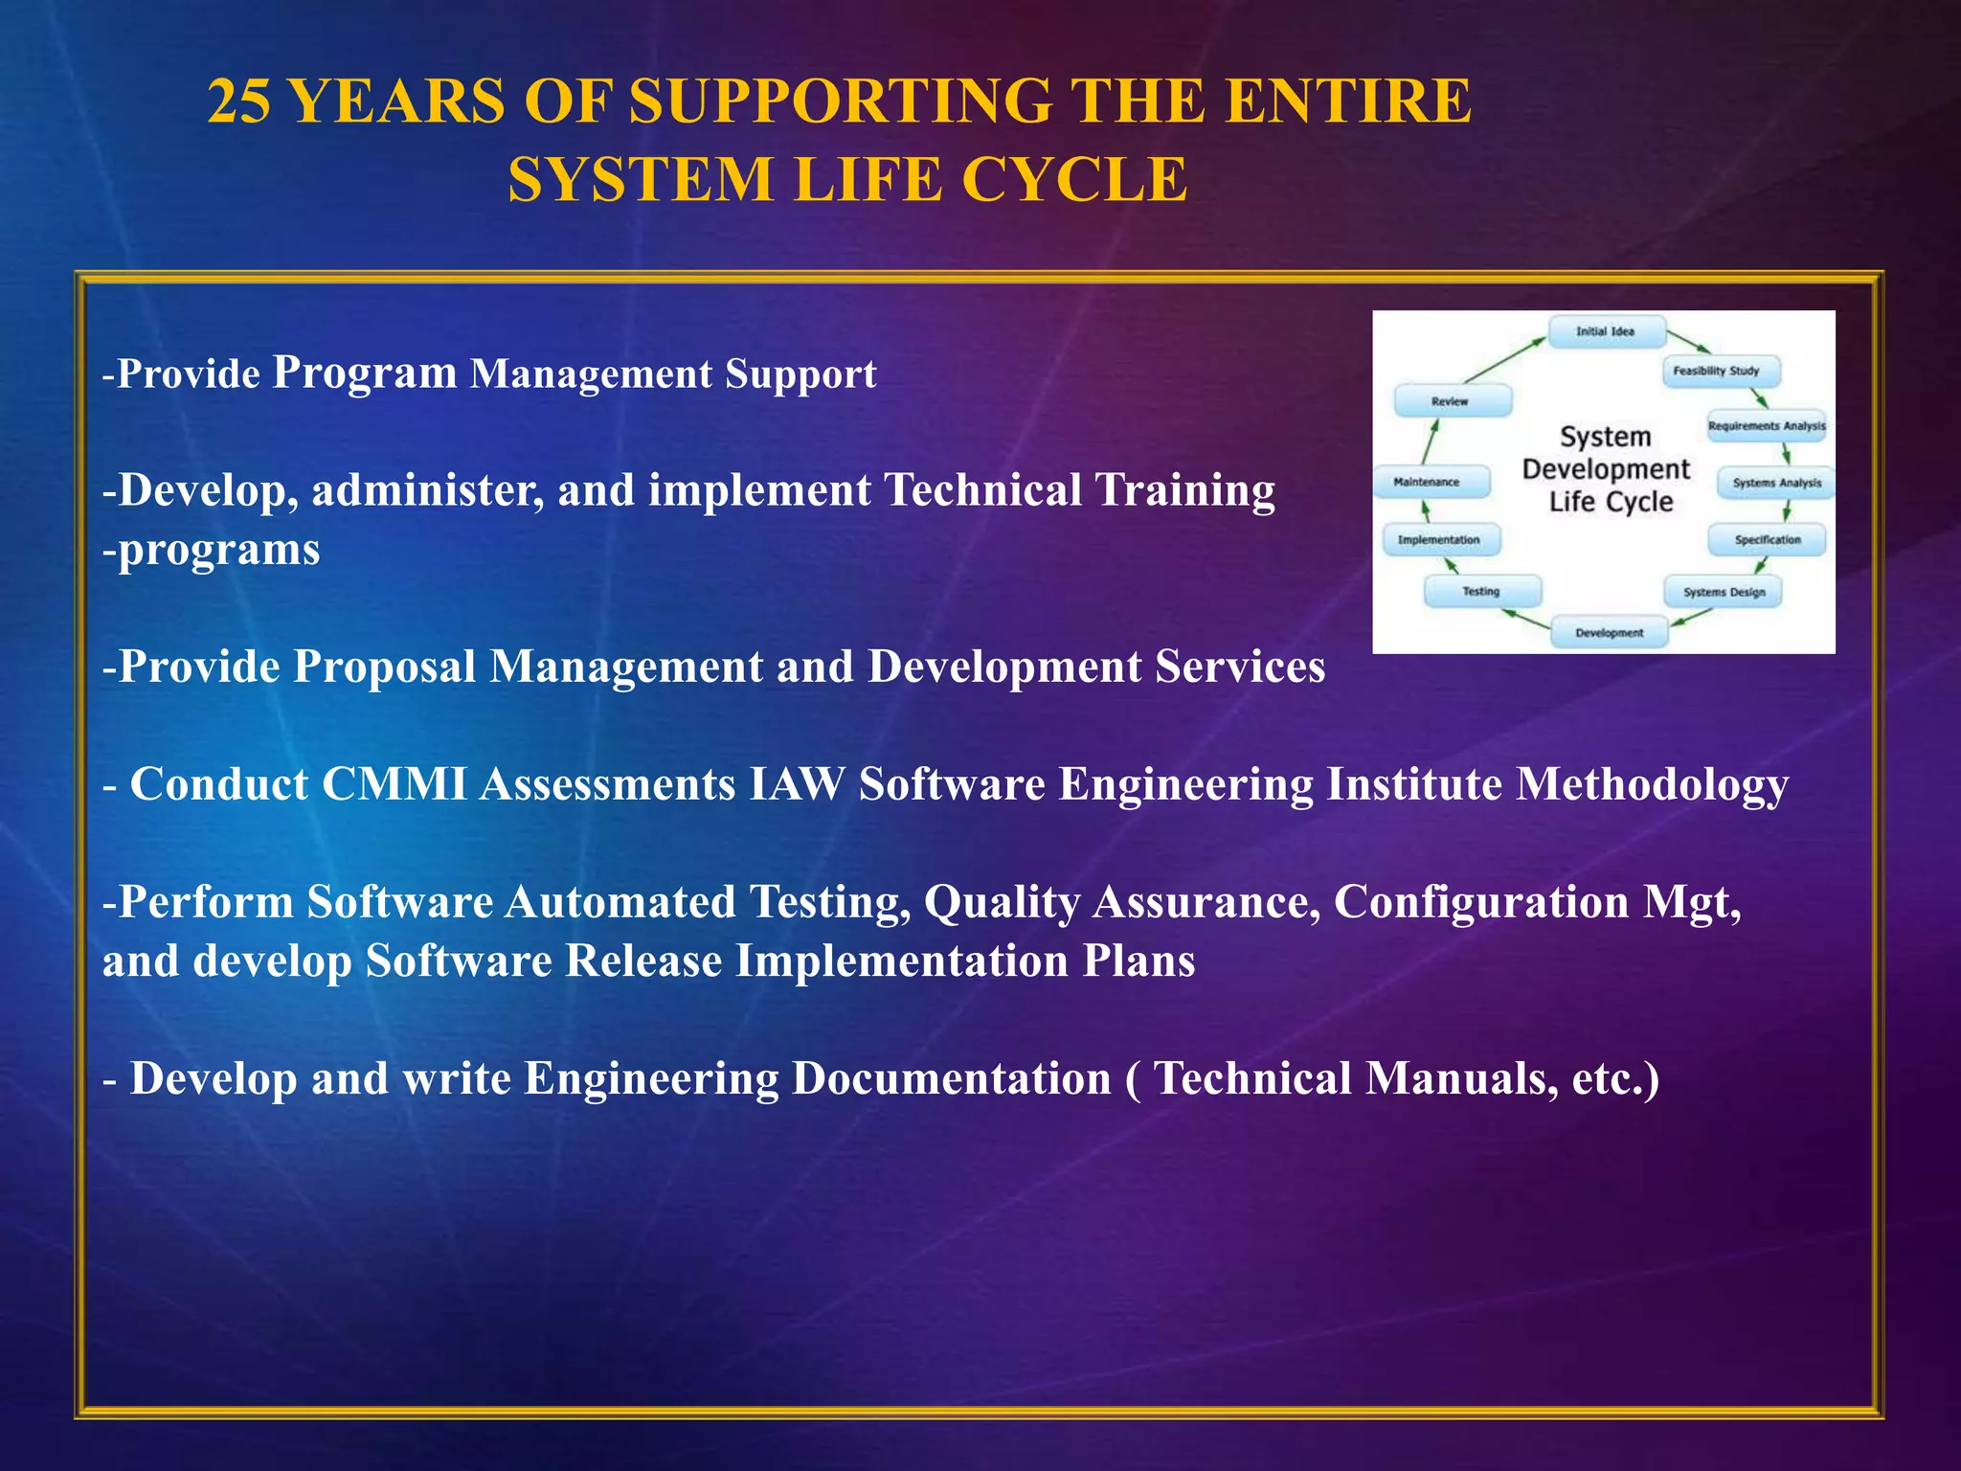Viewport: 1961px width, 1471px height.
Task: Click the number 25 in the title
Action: click(239, 102)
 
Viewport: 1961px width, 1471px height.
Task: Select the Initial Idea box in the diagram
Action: click(1606, 331)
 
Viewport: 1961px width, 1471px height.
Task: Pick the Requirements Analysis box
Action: click(1767, 426)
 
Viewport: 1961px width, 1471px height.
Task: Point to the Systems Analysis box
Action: click(1776, 483)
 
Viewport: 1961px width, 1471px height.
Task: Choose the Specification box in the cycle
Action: click(1767, 540)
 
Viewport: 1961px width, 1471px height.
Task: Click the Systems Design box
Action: click(1724, 592)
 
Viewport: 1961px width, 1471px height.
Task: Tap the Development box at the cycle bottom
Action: click(1609, 633)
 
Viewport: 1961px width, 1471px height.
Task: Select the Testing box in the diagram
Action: click(1481, 591)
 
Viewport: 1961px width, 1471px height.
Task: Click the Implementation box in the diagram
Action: click(1439, 540)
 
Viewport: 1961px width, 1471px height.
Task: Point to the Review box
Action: click(1451, 400)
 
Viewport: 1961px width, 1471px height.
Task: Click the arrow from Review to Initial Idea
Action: click(1504, 361)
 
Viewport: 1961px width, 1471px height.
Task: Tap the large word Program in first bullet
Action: click(365, 373)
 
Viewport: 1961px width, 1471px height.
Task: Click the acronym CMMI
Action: click(394, 784)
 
